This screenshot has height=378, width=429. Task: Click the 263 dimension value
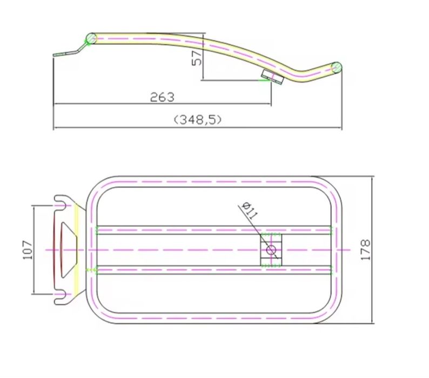click(162, 97)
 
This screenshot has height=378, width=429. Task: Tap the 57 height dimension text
click(197, 58)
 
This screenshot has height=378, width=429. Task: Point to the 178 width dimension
click(366, 250)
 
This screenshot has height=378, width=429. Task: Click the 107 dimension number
click(28, 249)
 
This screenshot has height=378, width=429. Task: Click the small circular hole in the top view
click(271, 249)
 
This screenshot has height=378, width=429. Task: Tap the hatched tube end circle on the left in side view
click(91, 38)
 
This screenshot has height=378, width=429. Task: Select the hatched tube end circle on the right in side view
click(337, 67)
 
